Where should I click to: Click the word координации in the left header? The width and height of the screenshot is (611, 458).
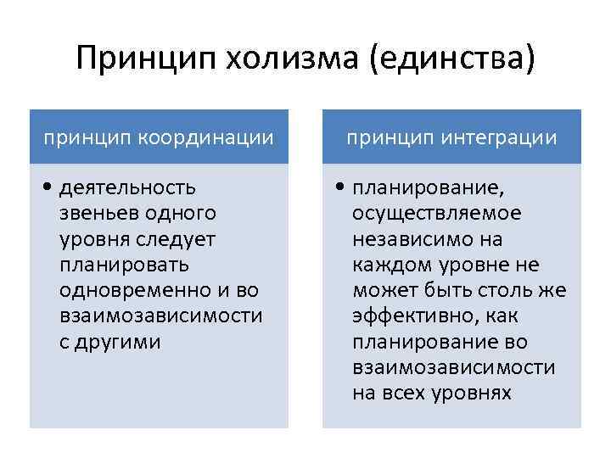click(222, 137)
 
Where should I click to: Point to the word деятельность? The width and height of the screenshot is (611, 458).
click(127, 187)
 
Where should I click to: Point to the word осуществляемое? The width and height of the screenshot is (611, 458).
click(437, 213)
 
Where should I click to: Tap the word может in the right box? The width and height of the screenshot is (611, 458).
click(381, 290)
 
